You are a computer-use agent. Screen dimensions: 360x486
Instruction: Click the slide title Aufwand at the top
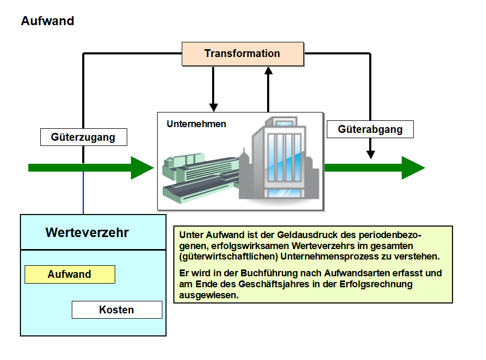tap(48, 21)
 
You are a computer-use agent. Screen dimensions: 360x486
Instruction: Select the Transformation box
tap(242, 54)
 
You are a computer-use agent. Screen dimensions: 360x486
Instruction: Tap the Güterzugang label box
tap(83, 137)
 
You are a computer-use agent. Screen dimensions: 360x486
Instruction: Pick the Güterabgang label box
tap(370, 129)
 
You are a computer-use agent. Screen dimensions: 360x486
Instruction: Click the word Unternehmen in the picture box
tap(196, 124)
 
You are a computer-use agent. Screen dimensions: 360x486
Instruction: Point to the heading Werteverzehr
tap(87, 232)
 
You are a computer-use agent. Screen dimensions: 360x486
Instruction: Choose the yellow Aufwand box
tap(70, 274)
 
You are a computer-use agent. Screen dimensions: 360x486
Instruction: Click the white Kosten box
tap(117, 310)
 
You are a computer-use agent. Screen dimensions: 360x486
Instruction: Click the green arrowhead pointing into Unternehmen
tap(142, 167)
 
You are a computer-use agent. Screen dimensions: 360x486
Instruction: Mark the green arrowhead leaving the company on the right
tap(413, 167)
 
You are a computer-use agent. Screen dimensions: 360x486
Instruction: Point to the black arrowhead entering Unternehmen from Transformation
tap(213, 107)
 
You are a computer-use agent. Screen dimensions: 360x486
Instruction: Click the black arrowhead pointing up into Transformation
tap(269, 71)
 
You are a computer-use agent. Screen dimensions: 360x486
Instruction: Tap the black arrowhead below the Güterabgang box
tap(371, 154)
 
